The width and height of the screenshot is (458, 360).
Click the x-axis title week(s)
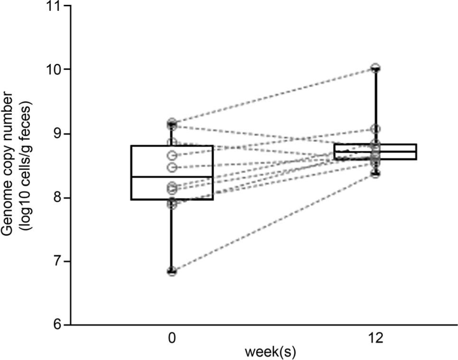[x=273, y=353]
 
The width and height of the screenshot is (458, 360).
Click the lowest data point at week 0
[x=172, y=271]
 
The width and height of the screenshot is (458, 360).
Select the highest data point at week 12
[x=375, y=67]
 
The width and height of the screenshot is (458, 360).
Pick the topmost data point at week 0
[x=172, y=122]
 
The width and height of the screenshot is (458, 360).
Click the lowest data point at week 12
[x=375, y=174]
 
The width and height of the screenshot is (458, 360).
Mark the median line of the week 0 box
[x=172, y=177]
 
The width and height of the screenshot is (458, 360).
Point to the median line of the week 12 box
[x=375, y=152]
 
